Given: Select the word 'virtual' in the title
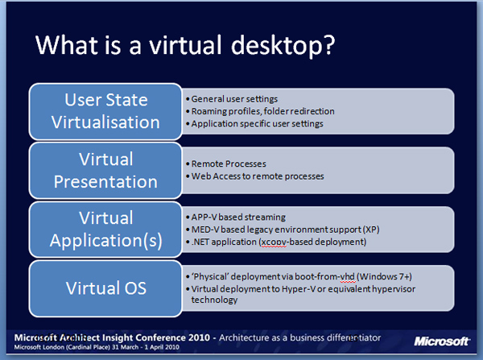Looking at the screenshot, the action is pos(185,44).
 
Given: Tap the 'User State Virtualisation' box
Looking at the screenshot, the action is pos(105,111).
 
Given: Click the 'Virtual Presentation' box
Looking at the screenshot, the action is pos(105,171).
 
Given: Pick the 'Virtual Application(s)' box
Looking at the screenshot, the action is pos(105,230).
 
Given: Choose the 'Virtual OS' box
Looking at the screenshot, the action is pos(105,288).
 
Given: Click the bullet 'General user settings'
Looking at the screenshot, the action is pos(232,99).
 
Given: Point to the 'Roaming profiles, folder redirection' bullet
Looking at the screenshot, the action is pos(260,111).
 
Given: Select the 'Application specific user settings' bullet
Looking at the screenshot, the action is pos(254,123).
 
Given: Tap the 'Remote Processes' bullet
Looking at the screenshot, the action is pos(226,163).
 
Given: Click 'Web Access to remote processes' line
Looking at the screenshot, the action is pos(255,176).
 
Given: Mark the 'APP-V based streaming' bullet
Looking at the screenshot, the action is pos(236,217).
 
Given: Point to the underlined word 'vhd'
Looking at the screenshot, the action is pos(348,276).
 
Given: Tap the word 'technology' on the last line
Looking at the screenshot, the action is pos(214,300).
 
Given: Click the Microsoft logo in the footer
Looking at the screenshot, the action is pos(442,341).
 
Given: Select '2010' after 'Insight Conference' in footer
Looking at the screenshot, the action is pos(199,337).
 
